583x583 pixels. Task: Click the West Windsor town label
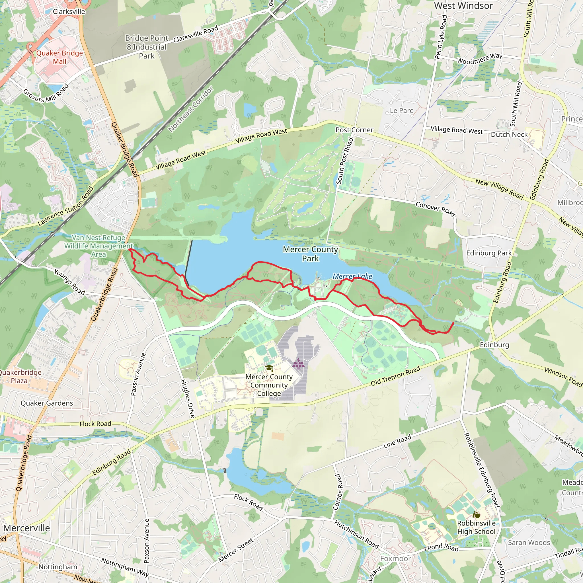(x=463, y=6)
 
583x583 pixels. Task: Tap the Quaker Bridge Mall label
(x=59, y=57)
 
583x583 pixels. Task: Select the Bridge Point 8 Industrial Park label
(x=147, y=47)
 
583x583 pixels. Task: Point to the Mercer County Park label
(x=310, y=254)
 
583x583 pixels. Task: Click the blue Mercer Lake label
(x=352, y=276)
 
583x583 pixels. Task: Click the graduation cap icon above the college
(x=269, y=368)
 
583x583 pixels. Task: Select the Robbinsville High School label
(x=476, y=527)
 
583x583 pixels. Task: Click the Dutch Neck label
(x=509, y=134)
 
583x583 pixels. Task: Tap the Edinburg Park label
(x=489, y=253)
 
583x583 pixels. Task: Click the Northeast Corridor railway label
(x=191, y=109)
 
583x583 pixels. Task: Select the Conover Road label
(x=435, y=209)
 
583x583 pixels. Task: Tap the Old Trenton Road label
(x=395, y=376)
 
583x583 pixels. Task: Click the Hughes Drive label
(x=187, y=399)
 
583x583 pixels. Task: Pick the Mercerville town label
(x=26, y=528)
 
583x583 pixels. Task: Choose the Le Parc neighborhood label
(x=401, y=110)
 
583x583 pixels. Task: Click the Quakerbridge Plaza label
(x=20, y=376)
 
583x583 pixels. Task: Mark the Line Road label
(x=397, y=441)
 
